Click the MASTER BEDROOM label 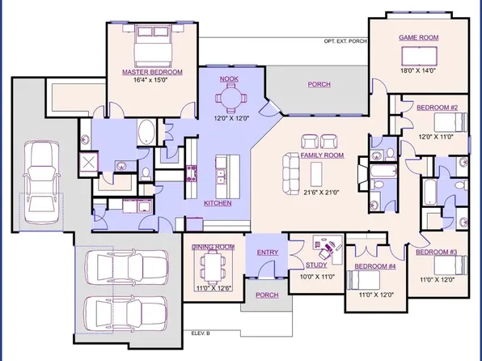pyautogui.click(x=152, y=72)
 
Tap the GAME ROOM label pyautogui.click(x=417, y=37)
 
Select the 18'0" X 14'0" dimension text pyautogui.click(x=418, y=70)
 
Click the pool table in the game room pyautogui.click(x=418, y=54)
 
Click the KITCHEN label pyautogui.click(x=219, y=202)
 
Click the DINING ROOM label pyautogui.click(x=214, y=246)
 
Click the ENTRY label pyautogui.click(x=268, y=253)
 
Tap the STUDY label pyautogui.click(x=316, y=265)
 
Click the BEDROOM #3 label pyautogui.click(x=438, y=253)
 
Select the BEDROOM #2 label pyautogui.click(x=438, y=107)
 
